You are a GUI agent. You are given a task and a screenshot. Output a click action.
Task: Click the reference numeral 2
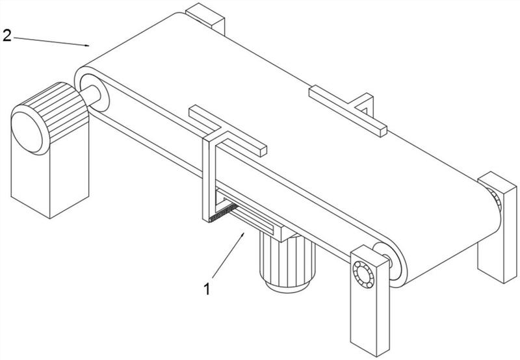click(6, 36)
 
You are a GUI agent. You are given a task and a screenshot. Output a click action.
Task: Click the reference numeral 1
click(207, 289)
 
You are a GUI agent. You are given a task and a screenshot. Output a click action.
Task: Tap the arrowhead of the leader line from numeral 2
click(87, 45)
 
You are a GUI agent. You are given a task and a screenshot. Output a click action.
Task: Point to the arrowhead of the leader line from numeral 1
click(242, 235)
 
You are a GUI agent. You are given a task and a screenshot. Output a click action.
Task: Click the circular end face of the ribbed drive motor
click(27, 132)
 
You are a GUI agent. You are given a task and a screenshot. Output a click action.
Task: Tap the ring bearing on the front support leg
click(363, 275)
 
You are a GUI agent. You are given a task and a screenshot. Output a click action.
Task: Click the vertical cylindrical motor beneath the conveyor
click(287, 263)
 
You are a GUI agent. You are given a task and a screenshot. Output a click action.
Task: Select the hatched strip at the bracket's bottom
click(224, 212)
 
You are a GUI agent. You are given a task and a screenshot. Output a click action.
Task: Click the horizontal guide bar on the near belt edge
click(228, 131)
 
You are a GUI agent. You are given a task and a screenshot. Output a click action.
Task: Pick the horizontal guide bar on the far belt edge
click(348, 111)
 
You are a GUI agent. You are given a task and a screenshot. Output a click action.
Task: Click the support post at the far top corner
click(205, 18)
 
